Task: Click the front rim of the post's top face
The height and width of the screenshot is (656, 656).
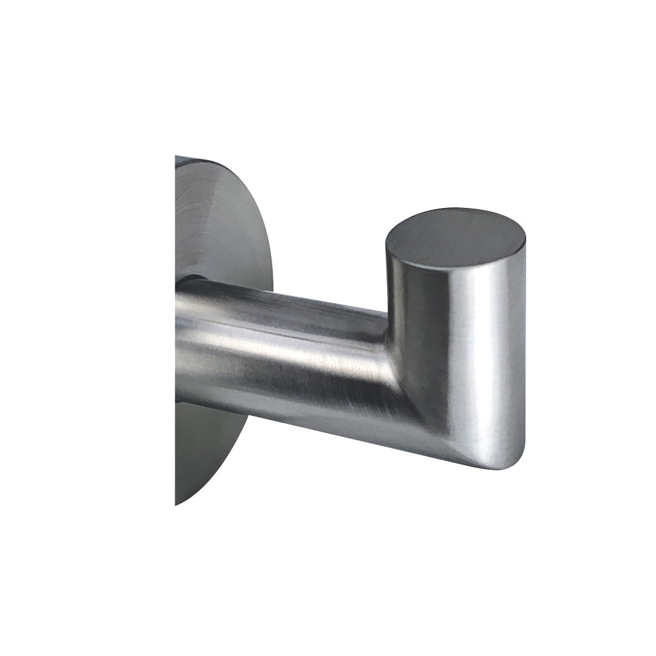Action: pyautogui.click(x=453, y=265)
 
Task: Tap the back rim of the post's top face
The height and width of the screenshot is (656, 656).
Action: pyautogui.click(x=459, y=209)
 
